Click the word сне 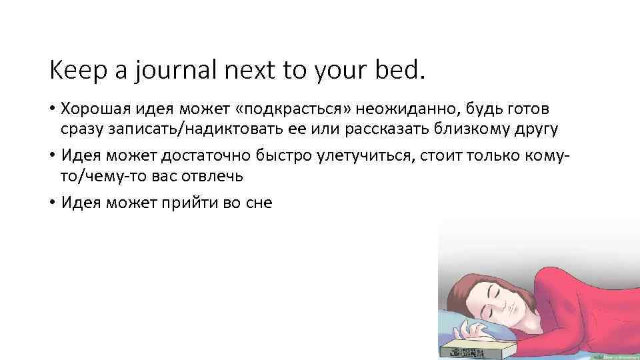[257, 203]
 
